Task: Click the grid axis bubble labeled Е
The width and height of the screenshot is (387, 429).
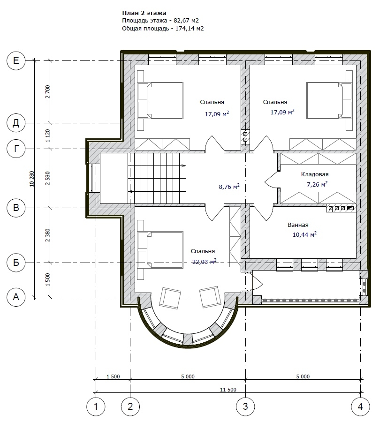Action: (16, 60)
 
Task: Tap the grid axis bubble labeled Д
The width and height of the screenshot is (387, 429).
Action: (16, 123)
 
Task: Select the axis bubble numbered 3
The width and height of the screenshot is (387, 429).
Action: (245, 406)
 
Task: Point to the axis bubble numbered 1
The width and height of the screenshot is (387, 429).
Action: (96, 406)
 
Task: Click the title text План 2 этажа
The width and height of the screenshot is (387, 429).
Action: (144, 13)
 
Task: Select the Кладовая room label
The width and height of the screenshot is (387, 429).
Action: (315, 174)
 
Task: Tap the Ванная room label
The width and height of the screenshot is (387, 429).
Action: (298, 225)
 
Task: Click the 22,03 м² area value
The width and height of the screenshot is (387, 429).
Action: (205, 262)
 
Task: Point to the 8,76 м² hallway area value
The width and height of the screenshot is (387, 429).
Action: (229, 187)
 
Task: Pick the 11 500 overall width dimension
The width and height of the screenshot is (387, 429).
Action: (228, 389)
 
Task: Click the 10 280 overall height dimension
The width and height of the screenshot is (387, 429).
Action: (32, 179)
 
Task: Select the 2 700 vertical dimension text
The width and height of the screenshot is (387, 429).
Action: (48, 92)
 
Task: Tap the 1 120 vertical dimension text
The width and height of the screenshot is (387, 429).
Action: (48, 135)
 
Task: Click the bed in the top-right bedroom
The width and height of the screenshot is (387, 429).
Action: (329, 100)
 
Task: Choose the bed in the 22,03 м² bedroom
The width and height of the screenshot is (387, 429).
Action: (160, 250)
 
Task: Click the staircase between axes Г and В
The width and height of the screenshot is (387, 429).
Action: (157, 178)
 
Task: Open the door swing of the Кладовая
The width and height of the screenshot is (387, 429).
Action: (272, 179)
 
